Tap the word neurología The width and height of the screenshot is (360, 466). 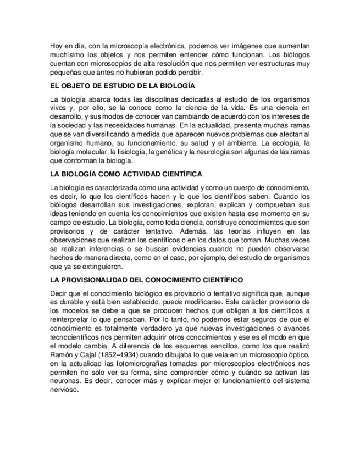click(226, 152)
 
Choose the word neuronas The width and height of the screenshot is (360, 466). click(64, 381)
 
